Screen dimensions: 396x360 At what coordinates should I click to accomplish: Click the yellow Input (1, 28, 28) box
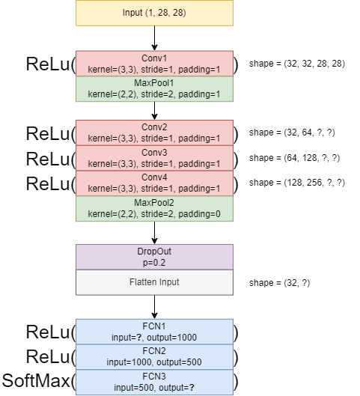154,13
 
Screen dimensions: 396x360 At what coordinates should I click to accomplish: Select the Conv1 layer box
154,64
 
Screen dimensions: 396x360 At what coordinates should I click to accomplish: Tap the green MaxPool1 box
154,88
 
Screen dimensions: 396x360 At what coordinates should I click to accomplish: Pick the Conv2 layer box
154,132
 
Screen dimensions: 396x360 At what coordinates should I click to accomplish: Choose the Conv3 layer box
154,158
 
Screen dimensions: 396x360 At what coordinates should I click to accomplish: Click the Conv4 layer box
154,183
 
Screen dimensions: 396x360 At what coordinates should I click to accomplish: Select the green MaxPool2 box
154,209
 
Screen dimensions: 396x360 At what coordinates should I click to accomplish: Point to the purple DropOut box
154,257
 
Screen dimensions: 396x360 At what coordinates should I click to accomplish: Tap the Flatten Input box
154,282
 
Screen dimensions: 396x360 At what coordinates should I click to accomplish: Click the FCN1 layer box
154,332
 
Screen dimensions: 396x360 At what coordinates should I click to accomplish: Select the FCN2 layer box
154,356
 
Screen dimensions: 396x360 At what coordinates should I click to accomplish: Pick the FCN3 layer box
154,382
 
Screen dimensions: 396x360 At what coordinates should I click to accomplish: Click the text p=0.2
154,264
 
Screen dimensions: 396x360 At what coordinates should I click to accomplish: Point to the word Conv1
154,58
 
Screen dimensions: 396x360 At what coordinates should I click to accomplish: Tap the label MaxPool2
154,203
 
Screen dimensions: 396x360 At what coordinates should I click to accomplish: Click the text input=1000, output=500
154,362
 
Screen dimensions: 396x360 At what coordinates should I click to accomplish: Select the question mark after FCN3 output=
192,387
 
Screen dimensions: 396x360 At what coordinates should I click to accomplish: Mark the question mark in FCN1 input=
138,338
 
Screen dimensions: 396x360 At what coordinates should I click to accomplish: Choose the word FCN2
154,350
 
